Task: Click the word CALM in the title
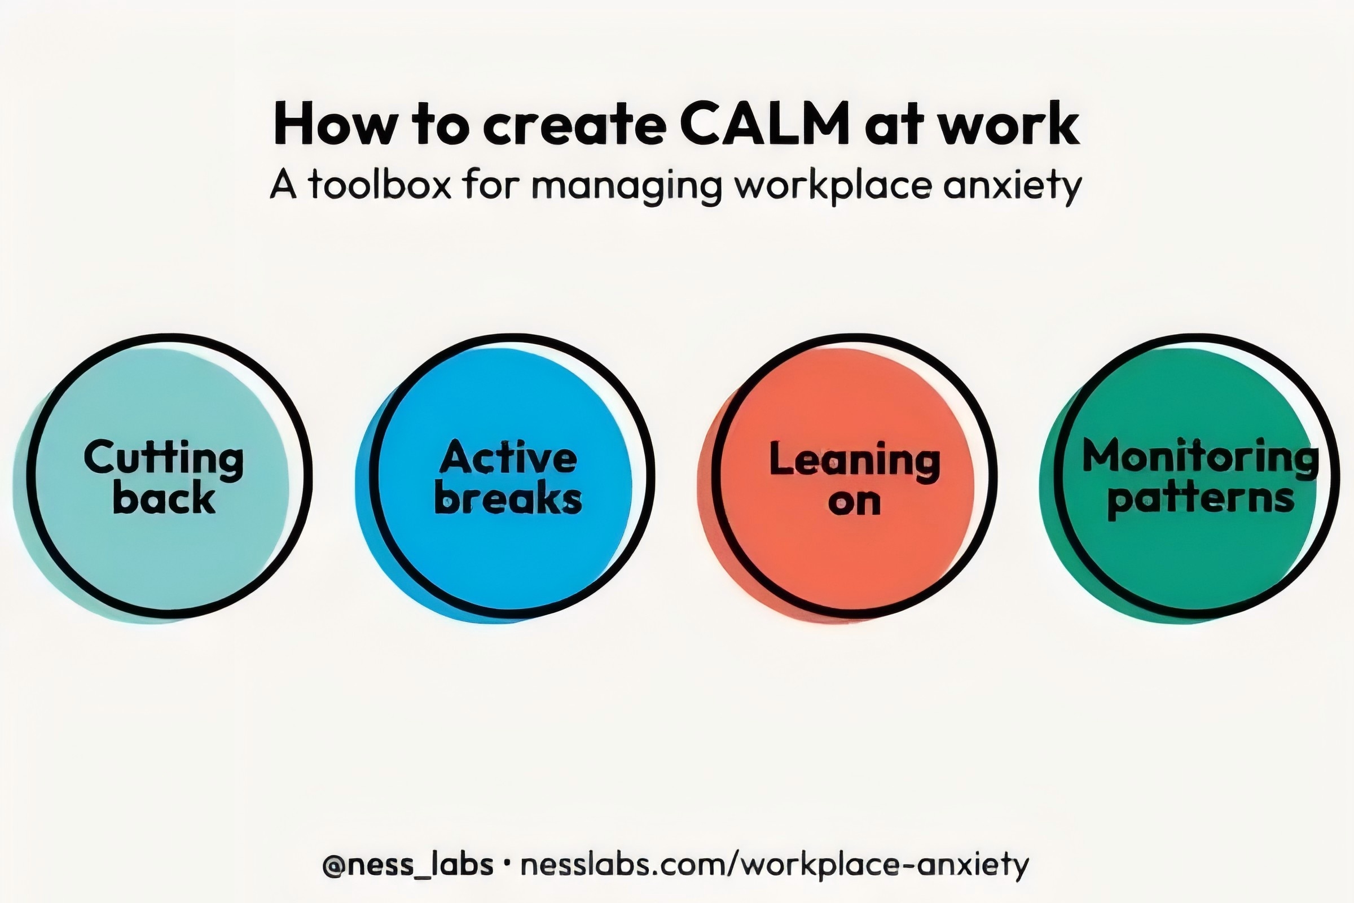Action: [764, 123]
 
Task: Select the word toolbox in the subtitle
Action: [379, 185]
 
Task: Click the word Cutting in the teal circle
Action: [164, 459]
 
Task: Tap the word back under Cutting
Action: [164, 498]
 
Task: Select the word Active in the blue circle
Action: [508, 458]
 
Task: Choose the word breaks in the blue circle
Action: [508, 498]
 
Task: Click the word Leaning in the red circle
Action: [854, 461]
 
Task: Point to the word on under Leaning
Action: [854, 502]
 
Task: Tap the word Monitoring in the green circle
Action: [1201, 458]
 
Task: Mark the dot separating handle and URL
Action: [507, 865]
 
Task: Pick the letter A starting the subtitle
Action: [283, 185]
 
